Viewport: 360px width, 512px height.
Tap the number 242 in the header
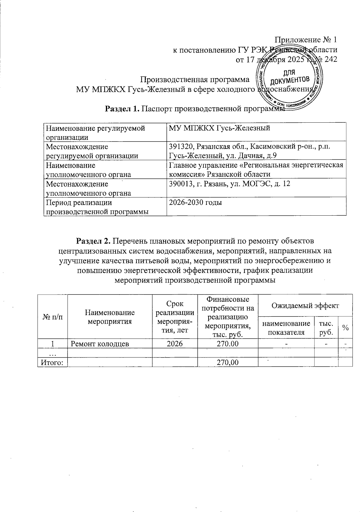[331, 59]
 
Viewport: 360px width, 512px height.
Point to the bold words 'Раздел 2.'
[94, 241]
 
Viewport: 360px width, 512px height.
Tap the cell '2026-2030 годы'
[195, 203]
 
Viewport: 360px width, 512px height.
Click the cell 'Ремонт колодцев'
[100, 344]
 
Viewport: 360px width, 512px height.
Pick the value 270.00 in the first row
[228, 344]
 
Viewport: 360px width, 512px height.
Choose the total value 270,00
[228, 363]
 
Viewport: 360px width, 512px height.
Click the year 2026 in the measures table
[175, 344]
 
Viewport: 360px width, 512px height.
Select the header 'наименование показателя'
[286, 328]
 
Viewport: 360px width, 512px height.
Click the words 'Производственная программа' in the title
[195, 80]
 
